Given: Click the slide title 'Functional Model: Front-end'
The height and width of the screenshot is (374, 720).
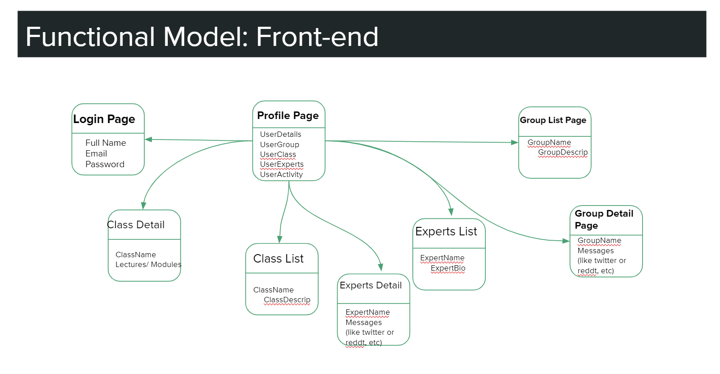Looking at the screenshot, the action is click(202, 37).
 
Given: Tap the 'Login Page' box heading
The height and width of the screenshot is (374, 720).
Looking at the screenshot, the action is click(104, 119).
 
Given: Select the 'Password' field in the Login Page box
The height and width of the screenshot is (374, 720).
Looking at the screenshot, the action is click(105, 164).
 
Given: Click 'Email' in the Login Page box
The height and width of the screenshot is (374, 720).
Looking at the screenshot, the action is click(96, 153).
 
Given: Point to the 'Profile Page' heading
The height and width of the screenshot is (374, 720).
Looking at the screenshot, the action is click(288, 115).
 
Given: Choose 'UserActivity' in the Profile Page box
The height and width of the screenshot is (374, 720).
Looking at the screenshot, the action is click(281, 174).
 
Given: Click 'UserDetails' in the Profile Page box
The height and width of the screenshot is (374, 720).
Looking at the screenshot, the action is click(281, 134).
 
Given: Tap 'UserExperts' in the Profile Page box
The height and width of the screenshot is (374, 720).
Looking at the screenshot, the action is click(281, 164).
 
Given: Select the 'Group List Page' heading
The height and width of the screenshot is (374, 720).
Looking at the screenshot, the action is click(553, 120).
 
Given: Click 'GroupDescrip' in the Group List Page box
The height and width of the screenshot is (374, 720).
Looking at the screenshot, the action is click(563, 152).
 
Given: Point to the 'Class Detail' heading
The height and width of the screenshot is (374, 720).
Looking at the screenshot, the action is click(136, 225).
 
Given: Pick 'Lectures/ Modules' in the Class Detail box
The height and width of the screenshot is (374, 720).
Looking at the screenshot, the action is click(148, 264).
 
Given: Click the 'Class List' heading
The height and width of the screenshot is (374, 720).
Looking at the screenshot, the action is click(278, 259).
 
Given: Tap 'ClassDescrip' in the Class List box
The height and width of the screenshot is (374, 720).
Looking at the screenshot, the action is click(287, 300).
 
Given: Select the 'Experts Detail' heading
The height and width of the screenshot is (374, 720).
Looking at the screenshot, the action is click(370, 285).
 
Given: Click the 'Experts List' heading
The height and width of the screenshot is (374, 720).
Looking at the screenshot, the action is click(446, 231).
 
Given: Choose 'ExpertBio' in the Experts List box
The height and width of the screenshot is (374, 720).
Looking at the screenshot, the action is click(448, 268).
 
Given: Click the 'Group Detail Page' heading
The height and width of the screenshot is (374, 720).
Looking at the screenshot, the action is click(604, 219).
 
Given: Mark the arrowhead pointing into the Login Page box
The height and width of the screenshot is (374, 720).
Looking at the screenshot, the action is click(148, 140).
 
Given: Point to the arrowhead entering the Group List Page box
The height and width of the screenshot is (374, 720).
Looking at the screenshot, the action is click(515, 142).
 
